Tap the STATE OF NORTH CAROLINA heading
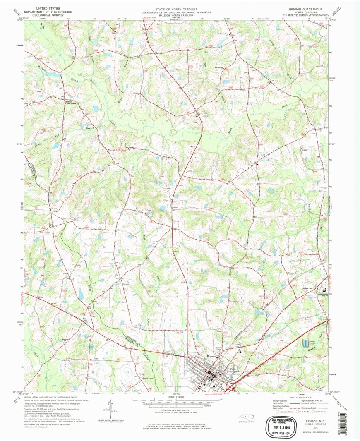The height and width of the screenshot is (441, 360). coord(176,9)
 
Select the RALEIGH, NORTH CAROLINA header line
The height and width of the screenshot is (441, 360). coord(176,15)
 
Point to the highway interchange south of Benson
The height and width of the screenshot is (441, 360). coord(229,386)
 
